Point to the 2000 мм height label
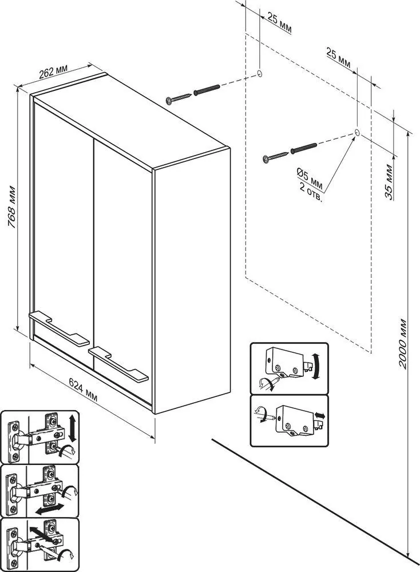tap(402, 344)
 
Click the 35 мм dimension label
tap(389, 182)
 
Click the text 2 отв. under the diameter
tap(311, 193)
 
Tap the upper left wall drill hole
tap(259, 73)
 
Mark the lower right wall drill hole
tap(357, 132)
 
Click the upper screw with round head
tap(178, 98)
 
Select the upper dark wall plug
tap(207, 90)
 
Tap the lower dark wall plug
tap(304, 148)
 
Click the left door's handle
tap(59, 328)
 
